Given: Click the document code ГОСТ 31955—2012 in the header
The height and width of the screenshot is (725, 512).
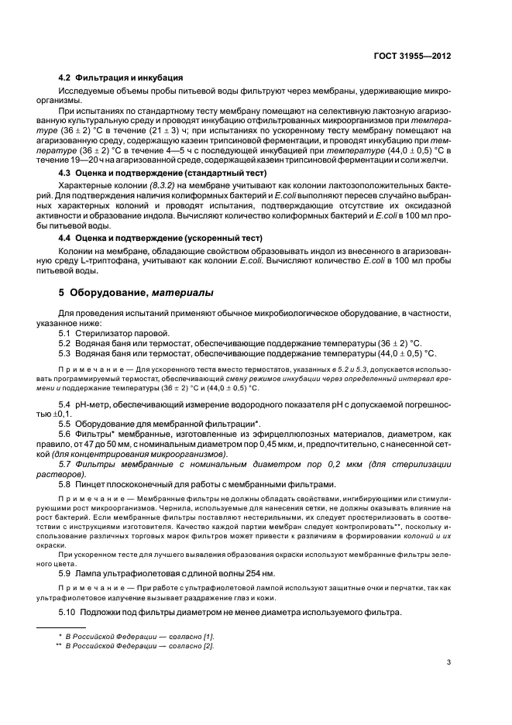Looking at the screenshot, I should pos(411,57).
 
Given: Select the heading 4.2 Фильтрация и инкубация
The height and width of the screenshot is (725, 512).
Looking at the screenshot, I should pos(121,77).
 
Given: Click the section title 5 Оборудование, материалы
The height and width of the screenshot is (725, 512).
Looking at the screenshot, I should pos(132,292).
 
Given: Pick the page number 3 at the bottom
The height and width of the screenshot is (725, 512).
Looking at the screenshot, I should pos(448,661).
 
